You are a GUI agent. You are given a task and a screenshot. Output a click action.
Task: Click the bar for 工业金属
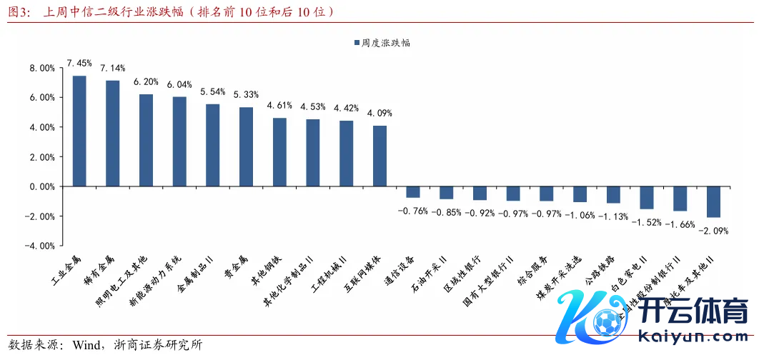click(x=79, y=131)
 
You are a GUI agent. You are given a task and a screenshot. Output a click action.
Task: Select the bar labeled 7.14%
click(x=113, y=133)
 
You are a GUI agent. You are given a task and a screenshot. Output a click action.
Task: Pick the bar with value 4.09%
click(x=379, y=156)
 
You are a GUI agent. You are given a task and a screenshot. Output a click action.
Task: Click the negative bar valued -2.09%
click(x=713, y=201)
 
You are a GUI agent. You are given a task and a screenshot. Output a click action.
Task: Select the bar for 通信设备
click(x=413, y=191)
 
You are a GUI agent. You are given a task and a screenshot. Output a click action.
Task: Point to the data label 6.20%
click(x=146, y=82)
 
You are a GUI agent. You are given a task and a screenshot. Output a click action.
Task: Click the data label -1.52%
click(x=647, y=221)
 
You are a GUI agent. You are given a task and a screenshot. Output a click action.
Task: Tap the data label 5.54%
click(x=213, y=92)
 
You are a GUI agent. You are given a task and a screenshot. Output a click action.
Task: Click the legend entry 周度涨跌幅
click(x=385, y=43)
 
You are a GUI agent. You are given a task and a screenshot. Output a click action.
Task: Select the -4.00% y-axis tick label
click(x=41, y=246)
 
